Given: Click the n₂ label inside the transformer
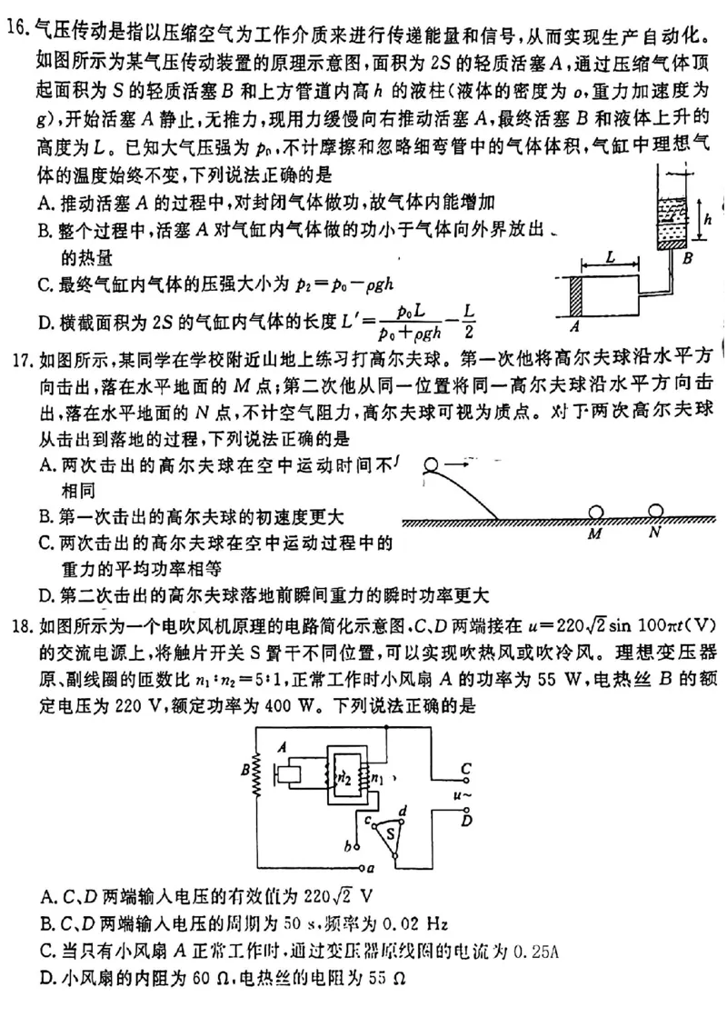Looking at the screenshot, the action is coord(343,777).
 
